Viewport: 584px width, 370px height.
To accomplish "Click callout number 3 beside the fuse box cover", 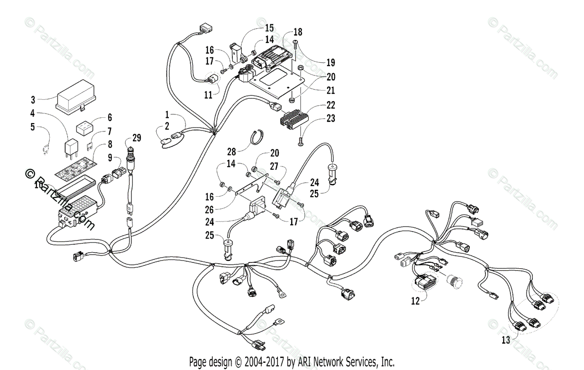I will pos(33,100).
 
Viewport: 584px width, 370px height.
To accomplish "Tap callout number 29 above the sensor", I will pos(136,138).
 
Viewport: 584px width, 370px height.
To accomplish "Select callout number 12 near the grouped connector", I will pos(415,301).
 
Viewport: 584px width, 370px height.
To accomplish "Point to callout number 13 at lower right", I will pos(506,340).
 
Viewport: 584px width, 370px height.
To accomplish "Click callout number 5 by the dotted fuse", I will pos(33,128).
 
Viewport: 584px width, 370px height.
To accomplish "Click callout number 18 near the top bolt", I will pos(298,32).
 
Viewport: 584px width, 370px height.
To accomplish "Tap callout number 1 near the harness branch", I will pos(167,115).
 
